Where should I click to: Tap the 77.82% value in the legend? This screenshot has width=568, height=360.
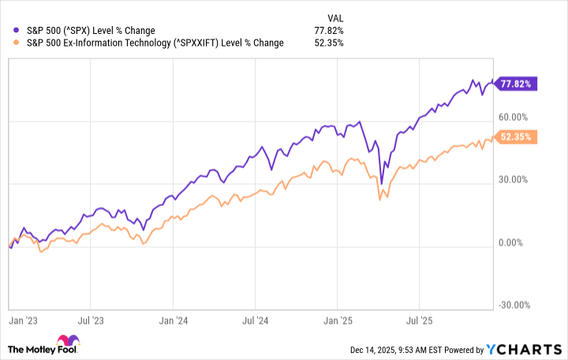click(x=328, y=31)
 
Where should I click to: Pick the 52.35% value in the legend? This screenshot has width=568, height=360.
click(x=328, y=43)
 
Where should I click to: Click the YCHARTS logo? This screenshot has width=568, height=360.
click(x=529, y=350)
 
